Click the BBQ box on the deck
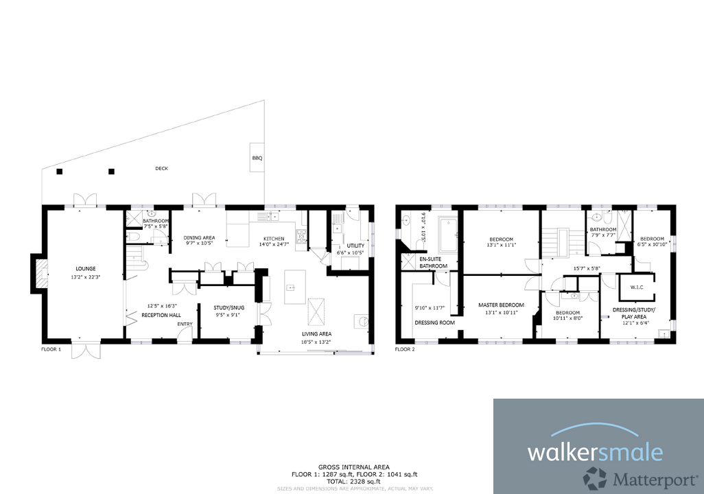click(257, 158)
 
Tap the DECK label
click(161, 168)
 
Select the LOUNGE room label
click(86, 268)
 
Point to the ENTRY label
click(185, 324)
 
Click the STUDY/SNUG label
click(229, 307)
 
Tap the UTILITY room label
click(355, 245)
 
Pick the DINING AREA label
click(199, 237)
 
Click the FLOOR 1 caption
click(51, 349)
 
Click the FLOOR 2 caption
click(405, 349)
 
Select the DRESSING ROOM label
click(435, 322)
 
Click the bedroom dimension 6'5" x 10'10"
click(652, 244)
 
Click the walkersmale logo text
click(595, 452)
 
